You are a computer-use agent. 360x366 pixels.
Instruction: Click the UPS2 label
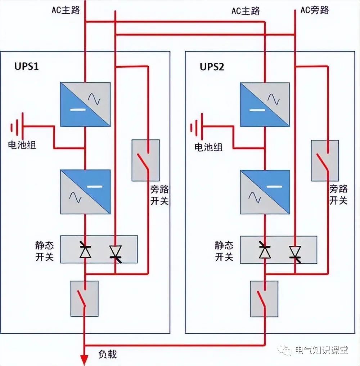[x=212, y=67]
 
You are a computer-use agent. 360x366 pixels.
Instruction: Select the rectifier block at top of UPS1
[x=85, y=104]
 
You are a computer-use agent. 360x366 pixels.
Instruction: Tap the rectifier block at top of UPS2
[x=265, y=104]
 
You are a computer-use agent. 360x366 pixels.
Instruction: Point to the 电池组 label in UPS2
[x=208, y=147]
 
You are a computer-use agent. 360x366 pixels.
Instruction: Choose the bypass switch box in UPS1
[x=145, y=160]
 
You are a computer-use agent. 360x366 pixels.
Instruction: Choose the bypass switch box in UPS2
[x=325, y=160]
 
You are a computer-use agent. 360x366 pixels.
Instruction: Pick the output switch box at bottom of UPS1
[x=85, y=299]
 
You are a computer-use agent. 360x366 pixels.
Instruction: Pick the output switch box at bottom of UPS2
[x=264, y=299]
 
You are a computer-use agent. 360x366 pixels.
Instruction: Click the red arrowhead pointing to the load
[x=85, y=360]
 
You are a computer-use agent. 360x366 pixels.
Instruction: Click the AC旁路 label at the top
[x=315, y=10]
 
